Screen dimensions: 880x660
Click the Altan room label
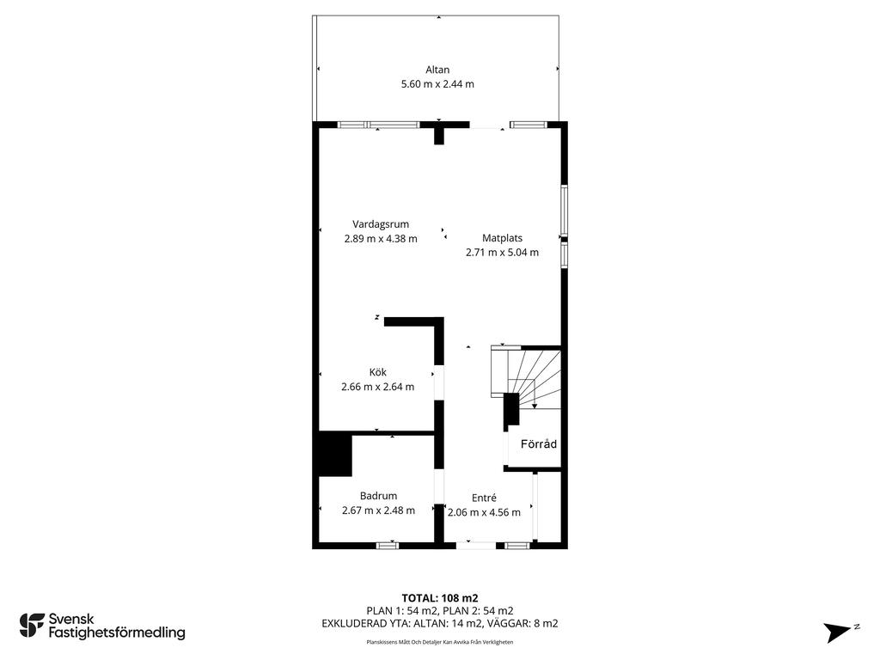click(x=437, y=70)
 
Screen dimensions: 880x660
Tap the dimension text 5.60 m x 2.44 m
click(x=437, y=84)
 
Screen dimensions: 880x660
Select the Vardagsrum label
click(x=381, y=224)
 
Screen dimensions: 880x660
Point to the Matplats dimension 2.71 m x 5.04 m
click(x=502, y=253)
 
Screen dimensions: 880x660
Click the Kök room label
click(x=378, y=372)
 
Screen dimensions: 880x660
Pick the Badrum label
click(x=378, y=496)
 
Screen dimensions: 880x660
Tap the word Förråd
click(x=539, y=444)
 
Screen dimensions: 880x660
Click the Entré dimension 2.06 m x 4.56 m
click(x=484, y=512)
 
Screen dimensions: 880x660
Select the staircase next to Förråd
click(x=526, y=377)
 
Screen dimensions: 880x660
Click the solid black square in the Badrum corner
click(x=335, y=454)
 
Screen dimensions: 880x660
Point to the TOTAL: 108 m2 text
click(x=440, y=598)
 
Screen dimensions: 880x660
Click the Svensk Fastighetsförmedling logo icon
click(x=32, y=626)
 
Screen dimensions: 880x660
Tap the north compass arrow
click(x=839, y=632)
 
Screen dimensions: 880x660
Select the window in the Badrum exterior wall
click(x=388, y=545)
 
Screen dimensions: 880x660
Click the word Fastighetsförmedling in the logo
click(x=117, y=633)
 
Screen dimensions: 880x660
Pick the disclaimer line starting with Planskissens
click(x=440, y=642)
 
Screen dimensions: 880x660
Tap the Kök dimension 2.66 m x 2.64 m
click(x=378, y=387)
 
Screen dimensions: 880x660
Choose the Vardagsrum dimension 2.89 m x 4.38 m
click(x=381, y=239)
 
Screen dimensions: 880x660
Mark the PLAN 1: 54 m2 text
click(x=402, y=611)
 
